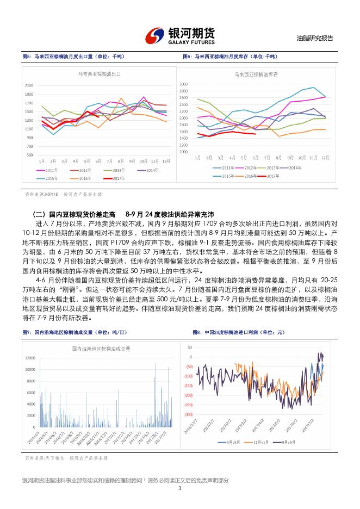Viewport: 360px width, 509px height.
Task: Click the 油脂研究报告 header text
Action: [x=315, y=39]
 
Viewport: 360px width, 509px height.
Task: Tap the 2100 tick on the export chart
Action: [x=29, y=85]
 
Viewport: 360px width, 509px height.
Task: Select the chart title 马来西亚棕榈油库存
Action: [x=256, y=73]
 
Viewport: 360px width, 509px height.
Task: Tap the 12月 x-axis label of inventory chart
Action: [x=325, y=157]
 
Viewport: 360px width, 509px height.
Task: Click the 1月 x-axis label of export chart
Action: [x=42, y=161]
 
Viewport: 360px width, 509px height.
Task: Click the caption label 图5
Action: [x=27, y=56]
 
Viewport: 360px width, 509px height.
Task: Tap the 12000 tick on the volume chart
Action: [x=30, y=357]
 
